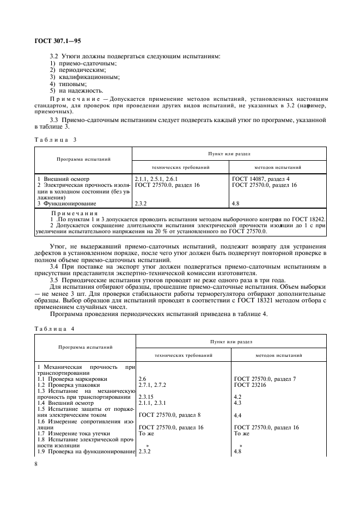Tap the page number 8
[36, 464]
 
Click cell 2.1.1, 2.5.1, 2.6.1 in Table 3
[156, 179]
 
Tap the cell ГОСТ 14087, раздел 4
[261, 179]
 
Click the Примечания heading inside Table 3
[74, 213]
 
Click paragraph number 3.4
[55, 266]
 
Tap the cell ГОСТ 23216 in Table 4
[253, 385]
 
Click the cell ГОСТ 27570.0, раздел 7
[265, 378]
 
